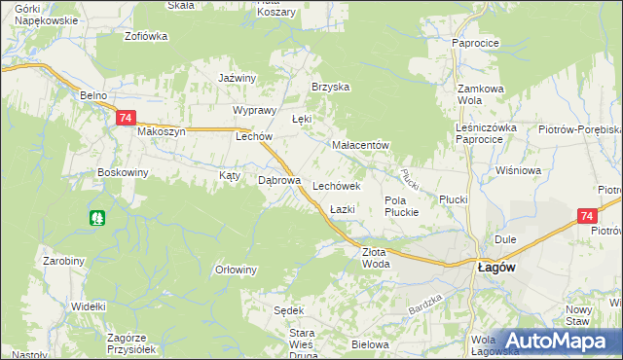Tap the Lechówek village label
(337, 184)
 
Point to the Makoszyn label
(161, 131)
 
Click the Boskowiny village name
(122, 172)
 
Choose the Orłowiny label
(236, 270)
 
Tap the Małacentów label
(360, 145)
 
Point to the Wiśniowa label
(517, 170)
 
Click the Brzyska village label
(330, 87)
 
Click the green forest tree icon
(96, 218)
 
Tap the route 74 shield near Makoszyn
(125, 118)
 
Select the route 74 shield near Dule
(585, 216)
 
